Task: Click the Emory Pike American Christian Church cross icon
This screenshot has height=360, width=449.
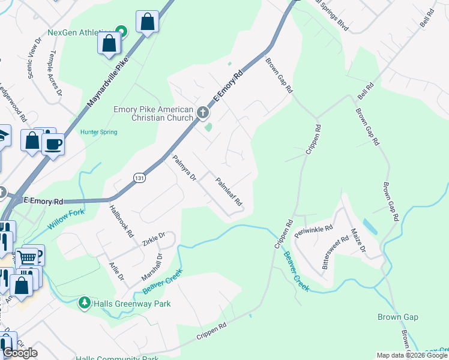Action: coord(203,112)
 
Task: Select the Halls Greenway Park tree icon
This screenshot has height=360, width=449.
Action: coord(85,304)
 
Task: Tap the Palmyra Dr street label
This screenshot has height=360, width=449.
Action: coord(184,169)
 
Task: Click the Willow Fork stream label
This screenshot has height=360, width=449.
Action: coord(65,219)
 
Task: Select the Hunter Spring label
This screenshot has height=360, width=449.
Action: coord(98,132)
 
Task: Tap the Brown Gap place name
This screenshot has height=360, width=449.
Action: coord(397,317)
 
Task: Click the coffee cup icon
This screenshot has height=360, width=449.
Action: coord(53,143)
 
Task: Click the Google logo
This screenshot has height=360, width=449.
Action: coord(20,353)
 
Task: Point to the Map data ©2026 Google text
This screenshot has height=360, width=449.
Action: coord(411,355)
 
